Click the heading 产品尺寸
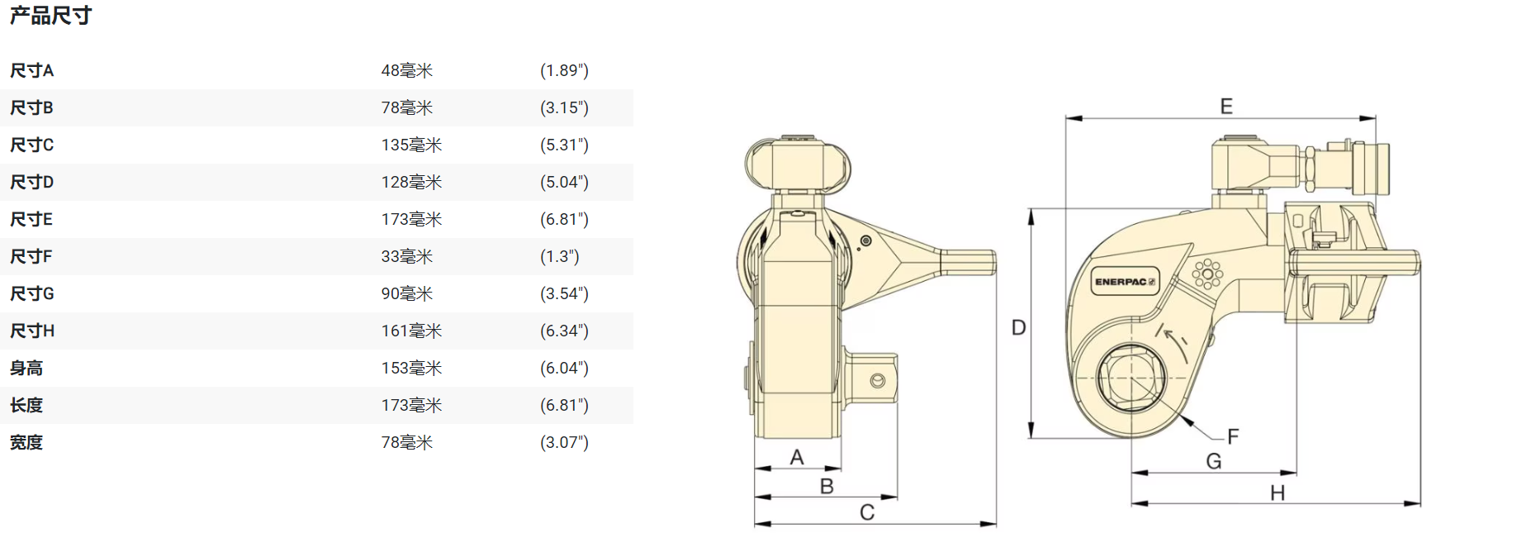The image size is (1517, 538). click(x=50, y=16)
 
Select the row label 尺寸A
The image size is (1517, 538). click(x=31, y=71)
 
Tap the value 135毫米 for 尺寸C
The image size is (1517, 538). click(x=411, y=145)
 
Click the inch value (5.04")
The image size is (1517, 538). click(x=564, y=183)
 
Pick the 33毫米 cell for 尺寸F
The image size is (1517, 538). click(x=406, y=257)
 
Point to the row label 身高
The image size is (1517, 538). click(x=26, y=369)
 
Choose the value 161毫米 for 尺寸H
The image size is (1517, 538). click(x=411, y=331)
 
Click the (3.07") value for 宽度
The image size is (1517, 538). click(x=564, y=443)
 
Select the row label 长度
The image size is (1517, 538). click(x=26, y=406)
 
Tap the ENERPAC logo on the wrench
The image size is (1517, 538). click(x=1125, y=282)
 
